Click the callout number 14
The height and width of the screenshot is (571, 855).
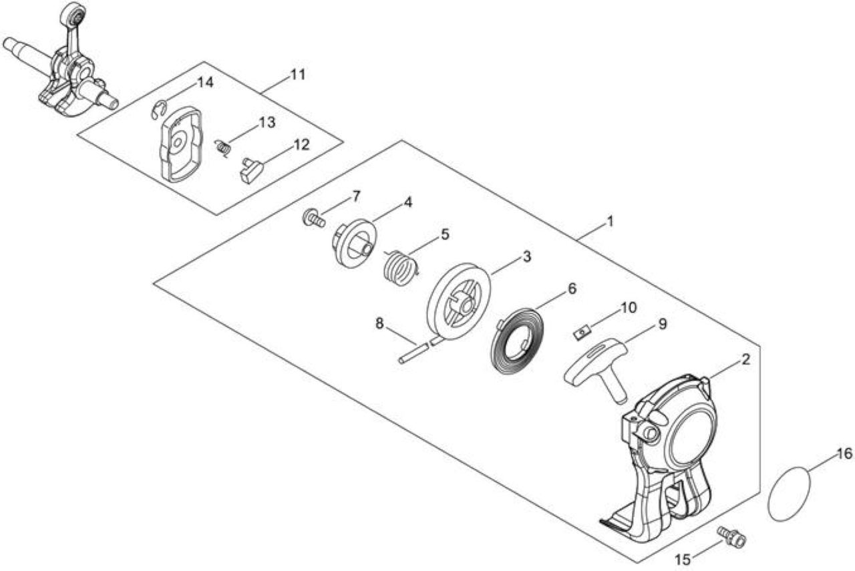click(205, 83)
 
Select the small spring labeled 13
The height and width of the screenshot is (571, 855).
click(223, 148)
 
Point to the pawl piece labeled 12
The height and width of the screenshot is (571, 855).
click(252, 170)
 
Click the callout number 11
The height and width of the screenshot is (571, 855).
click(298, 75)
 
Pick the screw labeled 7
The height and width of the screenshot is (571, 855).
click(314, 218)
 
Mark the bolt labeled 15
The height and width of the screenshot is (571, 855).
click(731, 537)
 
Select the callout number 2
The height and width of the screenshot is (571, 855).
click(745, 359)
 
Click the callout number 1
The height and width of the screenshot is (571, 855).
click(610, 221)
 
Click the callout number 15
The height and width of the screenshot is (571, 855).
click(683, 560)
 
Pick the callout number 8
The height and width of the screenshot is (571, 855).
click(379, 323)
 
